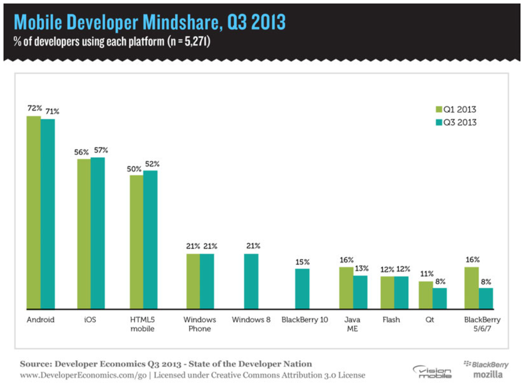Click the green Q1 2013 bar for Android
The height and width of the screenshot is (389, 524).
34,212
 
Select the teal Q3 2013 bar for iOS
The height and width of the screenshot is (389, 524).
98,233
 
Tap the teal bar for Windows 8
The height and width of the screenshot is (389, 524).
251,281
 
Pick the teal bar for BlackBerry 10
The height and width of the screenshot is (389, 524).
302,289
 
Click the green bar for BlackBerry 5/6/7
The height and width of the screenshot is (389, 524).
472,288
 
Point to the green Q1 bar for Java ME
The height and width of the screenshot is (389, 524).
346,288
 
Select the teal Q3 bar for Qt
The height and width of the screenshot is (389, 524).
440,298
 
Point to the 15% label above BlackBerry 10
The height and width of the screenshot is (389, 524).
302,262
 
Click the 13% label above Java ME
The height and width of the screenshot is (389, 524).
361,269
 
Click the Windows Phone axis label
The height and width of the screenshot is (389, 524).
200,324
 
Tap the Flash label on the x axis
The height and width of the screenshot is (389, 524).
391,320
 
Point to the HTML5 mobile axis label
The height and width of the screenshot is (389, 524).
142,324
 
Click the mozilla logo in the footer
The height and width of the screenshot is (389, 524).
488,375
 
